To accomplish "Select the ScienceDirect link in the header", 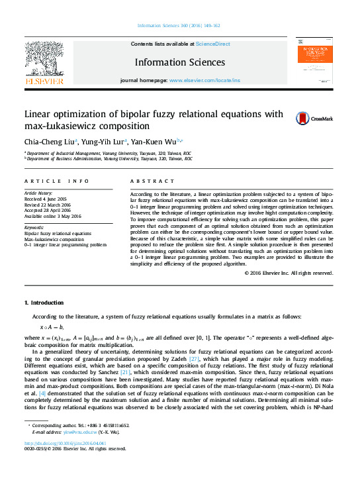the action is (212, 44).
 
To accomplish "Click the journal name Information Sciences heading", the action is (179, 63).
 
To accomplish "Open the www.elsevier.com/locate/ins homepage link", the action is (204, 79).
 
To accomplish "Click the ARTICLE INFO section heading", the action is (56, 181).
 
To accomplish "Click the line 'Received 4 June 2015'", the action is (46, 199).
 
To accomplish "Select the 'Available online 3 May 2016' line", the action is (52, 216).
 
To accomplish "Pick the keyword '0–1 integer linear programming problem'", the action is (65, 244).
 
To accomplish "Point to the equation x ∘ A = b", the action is (52, 327).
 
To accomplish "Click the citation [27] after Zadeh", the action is (194, 359).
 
